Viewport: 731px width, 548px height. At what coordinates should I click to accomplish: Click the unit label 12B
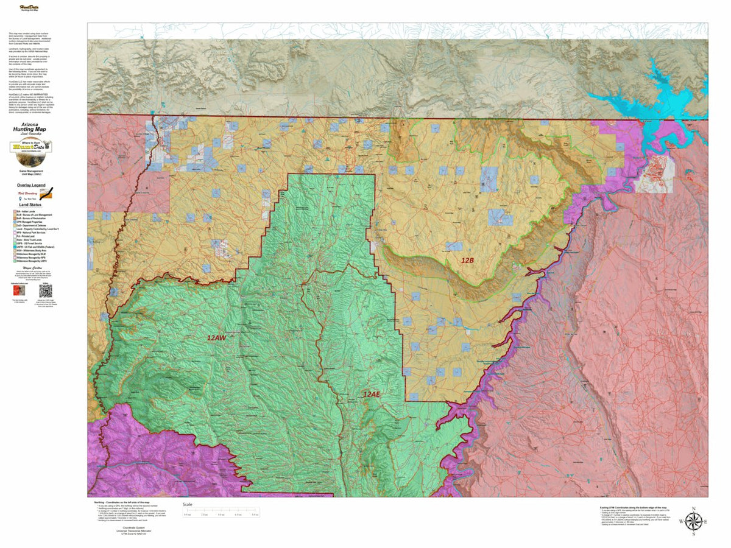pyautogui.click(x=467, y=260)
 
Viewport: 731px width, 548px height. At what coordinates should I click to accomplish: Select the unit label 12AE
pyautogui.click(x=372, y=395)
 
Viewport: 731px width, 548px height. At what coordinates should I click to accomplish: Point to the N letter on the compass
pyautogui.click(x=694, y=508)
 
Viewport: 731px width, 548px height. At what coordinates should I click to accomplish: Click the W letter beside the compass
pyautogui.click(x=680, y=522)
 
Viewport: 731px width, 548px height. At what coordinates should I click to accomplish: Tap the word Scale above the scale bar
pyautogui.click(x=188, y=504)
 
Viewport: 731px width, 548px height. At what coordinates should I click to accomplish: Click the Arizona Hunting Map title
pyautogui.click(x=30, y=131)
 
